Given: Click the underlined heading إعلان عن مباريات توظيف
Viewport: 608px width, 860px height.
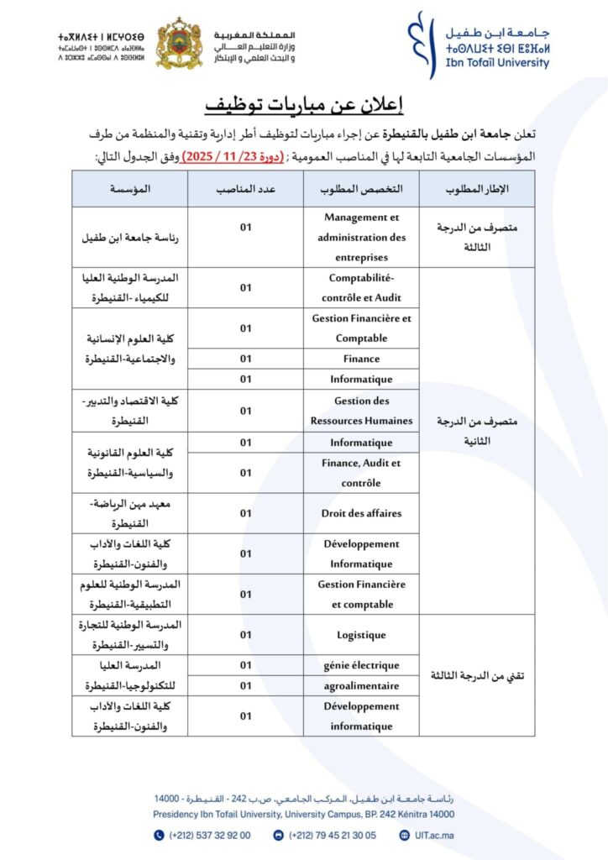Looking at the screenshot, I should pyautogui.click(x=304, y=104).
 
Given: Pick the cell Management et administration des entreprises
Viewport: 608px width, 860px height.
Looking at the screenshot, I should pyautogui.click(x=361, y=237).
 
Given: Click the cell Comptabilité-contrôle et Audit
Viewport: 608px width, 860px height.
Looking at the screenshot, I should pyautogui.click(x=361, y=287).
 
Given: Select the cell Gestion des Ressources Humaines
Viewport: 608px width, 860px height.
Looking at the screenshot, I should pyautogui.click(x=361, y=411).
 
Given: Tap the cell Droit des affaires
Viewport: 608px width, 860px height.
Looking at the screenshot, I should pyautogui.click(x=361, y=513).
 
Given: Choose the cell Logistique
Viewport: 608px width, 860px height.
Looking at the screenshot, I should pyautogui.click(x=361, y=635).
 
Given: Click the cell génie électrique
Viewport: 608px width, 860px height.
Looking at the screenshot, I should pyautogui.click(x=361, y=665).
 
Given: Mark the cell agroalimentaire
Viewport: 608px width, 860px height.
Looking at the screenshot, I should pyautogui.click(x=361, y=685).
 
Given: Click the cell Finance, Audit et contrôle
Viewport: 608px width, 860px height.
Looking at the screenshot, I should pyautogui.click(x=361, y=473).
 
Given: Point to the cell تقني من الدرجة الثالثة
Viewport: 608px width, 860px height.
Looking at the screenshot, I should pyautogui.click(x=476, y=675).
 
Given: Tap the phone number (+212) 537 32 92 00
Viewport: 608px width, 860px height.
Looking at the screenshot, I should pyautogui.click(x=208, y=835).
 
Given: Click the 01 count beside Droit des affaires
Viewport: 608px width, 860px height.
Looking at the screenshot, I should pyautogui.click(x=246, y=513).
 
